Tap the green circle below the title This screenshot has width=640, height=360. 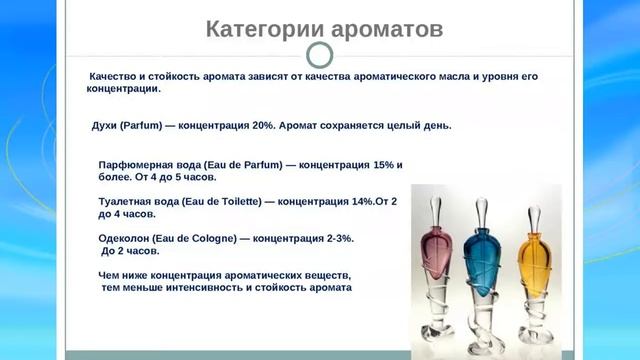pos(319,54)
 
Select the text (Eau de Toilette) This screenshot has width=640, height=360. pos(217,201)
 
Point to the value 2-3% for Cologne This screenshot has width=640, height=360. pos(338,239)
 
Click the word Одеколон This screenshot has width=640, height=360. pos(125,239)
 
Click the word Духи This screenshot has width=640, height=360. pos(105,126)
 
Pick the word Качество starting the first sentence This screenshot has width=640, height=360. pos(118,76)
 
